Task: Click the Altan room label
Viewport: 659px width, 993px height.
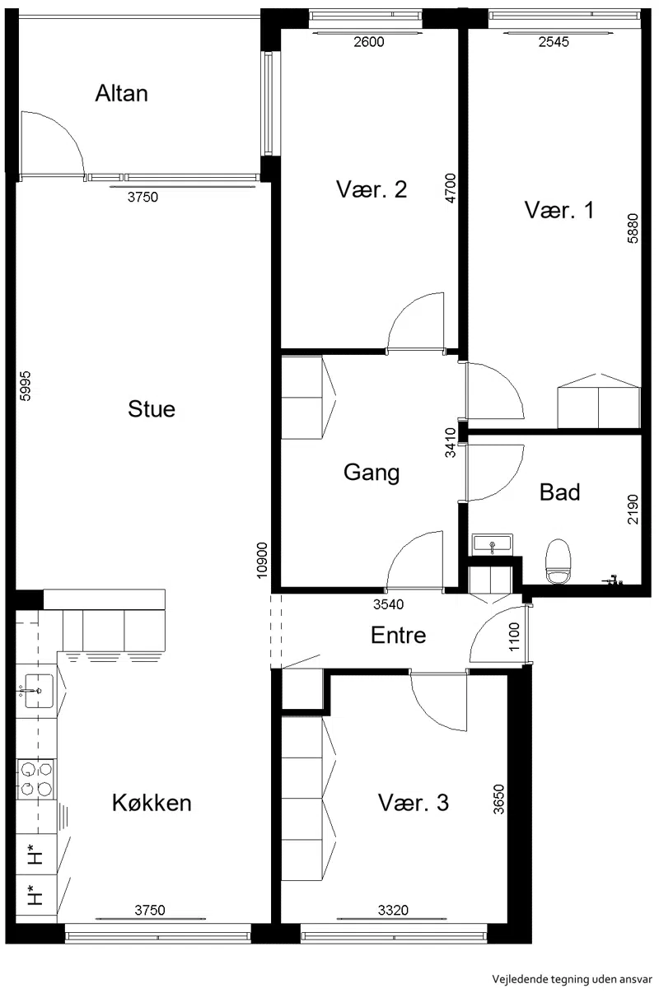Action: pyautogui.click(x=122, y=94)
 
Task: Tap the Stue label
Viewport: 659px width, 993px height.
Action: pyautogui.click(x=152, y=408)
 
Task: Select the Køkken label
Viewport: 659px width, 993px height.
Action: pyautogui.click(x=152, y=802)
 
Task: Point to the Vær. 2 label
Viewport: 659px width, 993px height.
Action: pyautogui.click(x=372, y=189)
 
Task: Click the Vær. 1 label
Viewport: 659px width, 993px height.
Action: pyautogui.click(x=559, y=210)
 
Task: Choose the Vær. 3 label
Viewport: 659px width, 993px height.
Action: pyautogui.click(x=414, y=802)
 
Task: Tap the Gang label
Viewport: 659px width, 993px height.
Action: pyautogui.click(x=372, y=473)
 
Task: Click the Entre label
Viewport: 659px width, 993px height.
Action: pyautogui.click(x=398, y=635)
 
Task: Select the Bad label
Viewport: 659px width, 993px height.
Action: pyautogui.click(x=559, y=492)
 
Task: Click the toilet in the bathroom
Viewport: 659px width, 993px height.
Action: pyautogui.click(x=558, y=562)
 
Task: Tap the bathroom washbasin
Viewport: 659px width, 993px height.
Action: pyautogui.click(x=492, y=544)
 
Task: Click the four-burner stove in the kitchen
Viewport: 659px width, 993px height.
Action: pyautogui.click(x=36, y=779)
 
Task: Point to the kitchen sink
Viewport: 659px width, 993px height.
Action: pyautogui.click(x=38, y=691)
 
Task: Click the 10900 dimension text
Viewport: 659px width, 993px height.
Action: pyautogui.click(x=263, y=560)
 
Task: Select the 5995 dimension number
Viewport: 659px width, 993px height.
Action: pyautogui.click(x=26, y=385)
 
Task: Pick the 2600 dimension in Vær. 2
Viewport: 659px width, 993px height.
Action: pyautogui.click(x=368, y=42)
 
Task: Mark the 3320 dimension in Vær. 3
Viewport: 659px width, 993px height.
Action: pyautogui.click(x=393, y=910)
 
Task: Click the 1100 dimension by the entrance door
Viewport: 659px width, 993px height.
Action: pyautogui.click(x=514, y=636)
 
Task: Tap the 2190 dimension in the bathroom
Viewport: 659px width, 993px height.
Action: pyautogui.click(x=633, y=510)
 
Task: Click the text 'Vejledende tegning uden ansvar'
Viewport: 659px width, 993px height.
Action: pyautogui.click(x=572, y=979)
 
